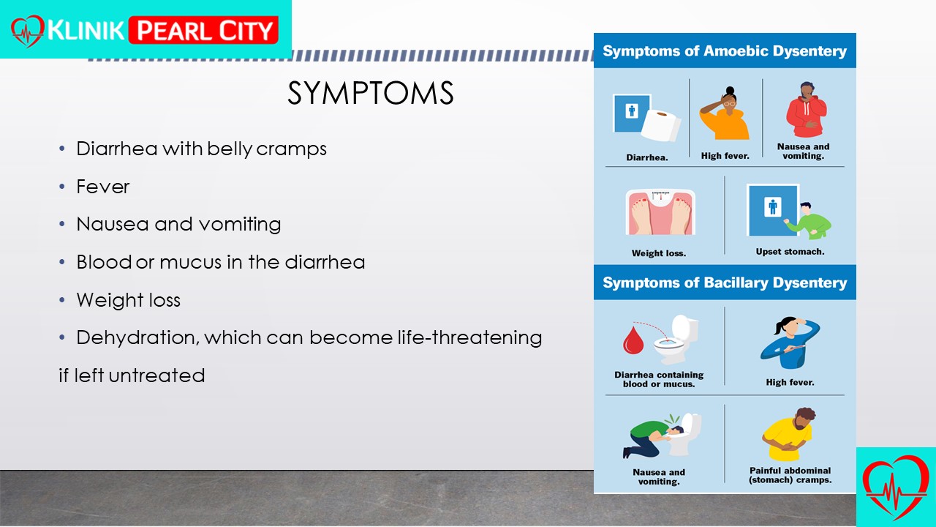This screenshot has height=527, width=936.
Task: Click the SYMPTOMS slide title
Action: [x=370, y=93]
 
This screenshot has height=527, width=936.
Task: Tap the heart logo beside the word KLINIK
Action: [x=28, y=31]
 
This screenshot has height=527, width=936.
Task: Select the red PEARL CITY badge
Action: [x=203, y=30]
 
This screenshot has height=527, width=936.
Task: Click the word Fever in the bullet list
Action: [x=103, y=187]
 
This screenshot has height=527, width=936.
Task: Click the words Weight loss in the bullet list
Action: [x=128, y=300]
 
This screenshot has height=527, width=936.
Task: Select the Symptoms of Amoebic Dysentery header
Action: [x=725, y=51]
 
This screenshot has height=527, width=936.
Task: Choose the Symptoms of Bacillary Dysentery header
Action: [x=725, y=283]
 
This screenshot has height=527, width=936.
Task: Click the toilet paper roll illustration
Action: [x=661, y=125]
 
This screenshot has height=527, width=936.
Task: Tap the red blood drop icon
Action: [x=633, y=340]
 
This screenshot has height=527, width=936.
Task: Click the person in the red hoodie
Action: [x=807, y=110]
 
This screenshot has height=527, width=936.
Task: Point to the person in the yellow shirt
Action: [x=788, y=435]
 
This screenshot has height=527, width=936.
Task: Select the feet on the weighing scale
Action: [x=660, y=212]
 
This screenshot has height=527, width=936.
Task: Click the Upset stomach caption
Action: [x=790, y=252]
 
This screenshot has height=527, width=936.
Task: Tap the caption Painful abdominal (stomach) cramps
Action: [x=790, y=476]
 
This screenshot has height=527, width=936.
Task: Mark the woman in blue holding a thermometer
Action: [x=790, y=343]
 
